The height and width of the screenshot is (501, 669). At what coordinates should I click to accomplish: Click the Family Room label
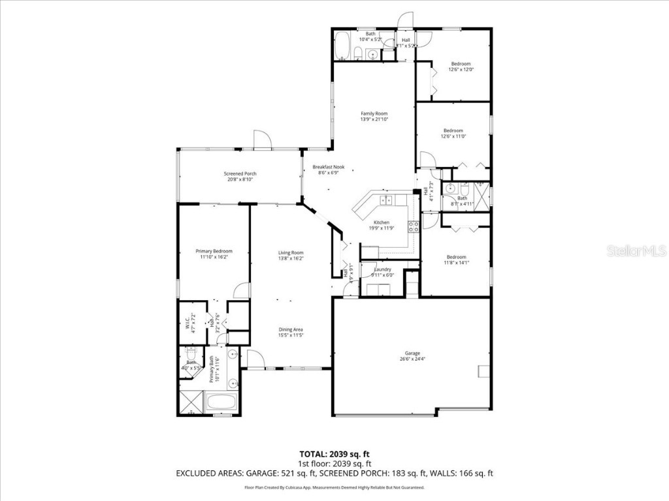(x=374, y=114)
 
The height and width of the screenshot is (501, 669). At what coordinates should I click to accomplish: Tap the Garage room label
(x=411, y=353)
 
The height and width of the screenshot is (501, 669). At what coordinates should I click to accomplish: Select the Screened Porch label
(x=240, y=174)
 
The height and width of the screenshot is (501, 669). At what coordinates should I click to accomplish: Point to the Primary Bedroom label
(x=214, y=251)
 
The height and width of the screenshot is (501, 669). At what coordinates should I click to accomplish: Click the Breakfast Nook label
(x=328, y=167)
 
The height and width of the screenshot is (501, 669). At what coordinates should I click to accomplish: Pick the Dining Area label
(x=291, y=329)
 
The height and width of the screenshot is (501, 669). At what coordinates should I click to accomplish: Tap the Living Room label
(x=291, y=252)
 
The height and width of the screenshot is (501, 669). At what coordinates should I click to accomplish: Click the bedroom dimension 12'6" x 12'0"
(x=461, y=70)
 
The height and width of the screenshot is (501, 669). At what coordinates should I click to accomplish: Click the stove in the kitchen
(x=414, y=227)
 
